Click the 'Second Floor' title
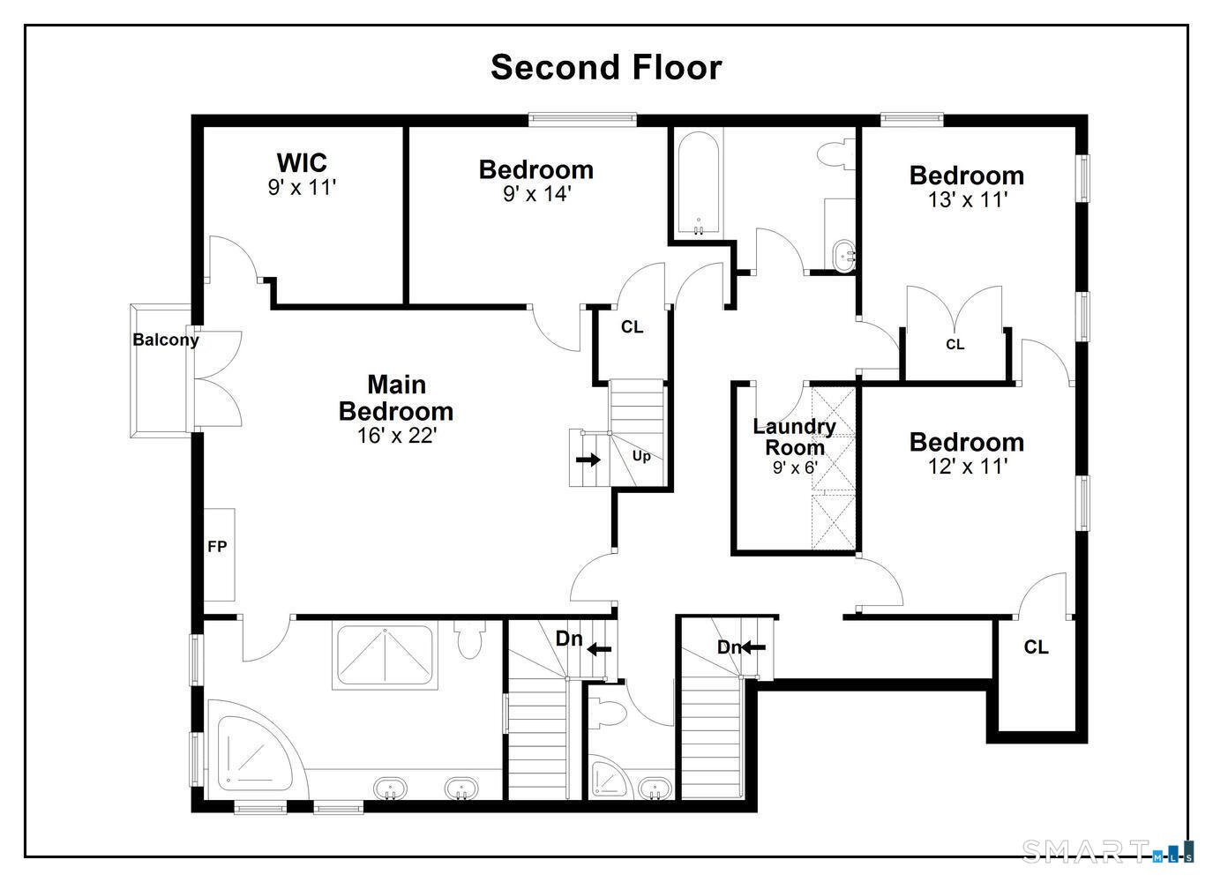coord(606,67)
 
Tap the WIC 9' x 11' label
coord(302,175)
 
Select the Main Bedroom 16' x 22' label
coord(396,409)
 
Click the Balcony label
coord(166,340)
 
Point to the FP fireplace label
coord(217,547)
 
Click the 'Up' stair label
coord(641,456)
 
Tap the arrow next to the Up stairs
coord(588,460)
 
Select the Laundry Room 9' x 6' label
coord(794,446)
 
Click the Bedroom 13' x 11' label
coord(966,186)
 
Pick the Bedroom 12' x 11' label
coord(966,453)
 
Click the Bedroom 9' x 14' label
coord(535,181)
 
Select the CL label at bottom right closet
coord(1036,647)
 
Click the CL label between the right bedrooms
coord(955,345)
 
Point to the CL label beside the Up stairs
coord(632,327)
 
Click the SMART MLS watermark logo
coord(1107,851)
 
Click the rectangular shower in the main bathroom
coord(384,656)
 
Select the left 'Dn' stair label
coord(569,638)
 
